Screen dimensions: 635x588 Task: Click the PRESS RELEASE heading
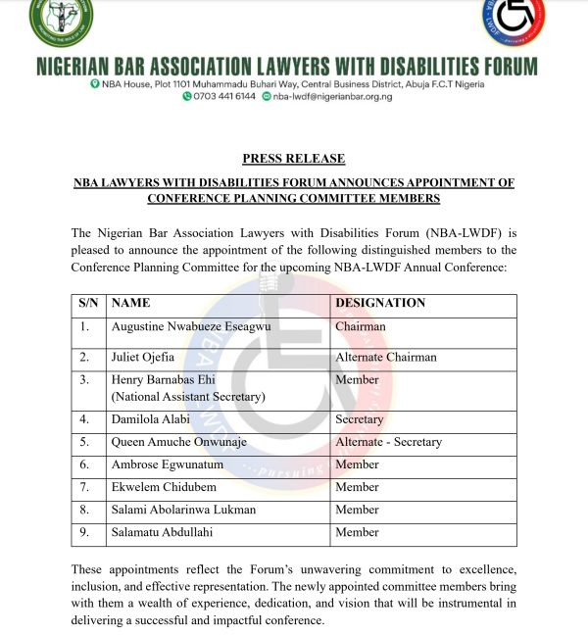click(293, 159)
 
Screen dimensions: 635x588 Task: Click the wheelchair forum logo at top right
click(514, 20)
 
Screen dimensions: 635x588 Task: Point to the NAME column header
click(130, 303)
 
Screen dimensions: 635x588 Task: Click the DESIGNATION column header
click(380, 303)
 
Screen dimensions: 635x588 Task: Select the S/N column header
click(88, 303)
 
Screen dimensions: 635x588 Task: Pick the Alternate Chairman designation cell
click(386, 357)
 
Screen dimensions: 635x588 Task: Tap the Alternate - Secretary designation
click(388, 442)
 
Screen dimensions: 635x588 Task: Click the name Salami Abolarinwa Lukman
click(183, 510)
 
